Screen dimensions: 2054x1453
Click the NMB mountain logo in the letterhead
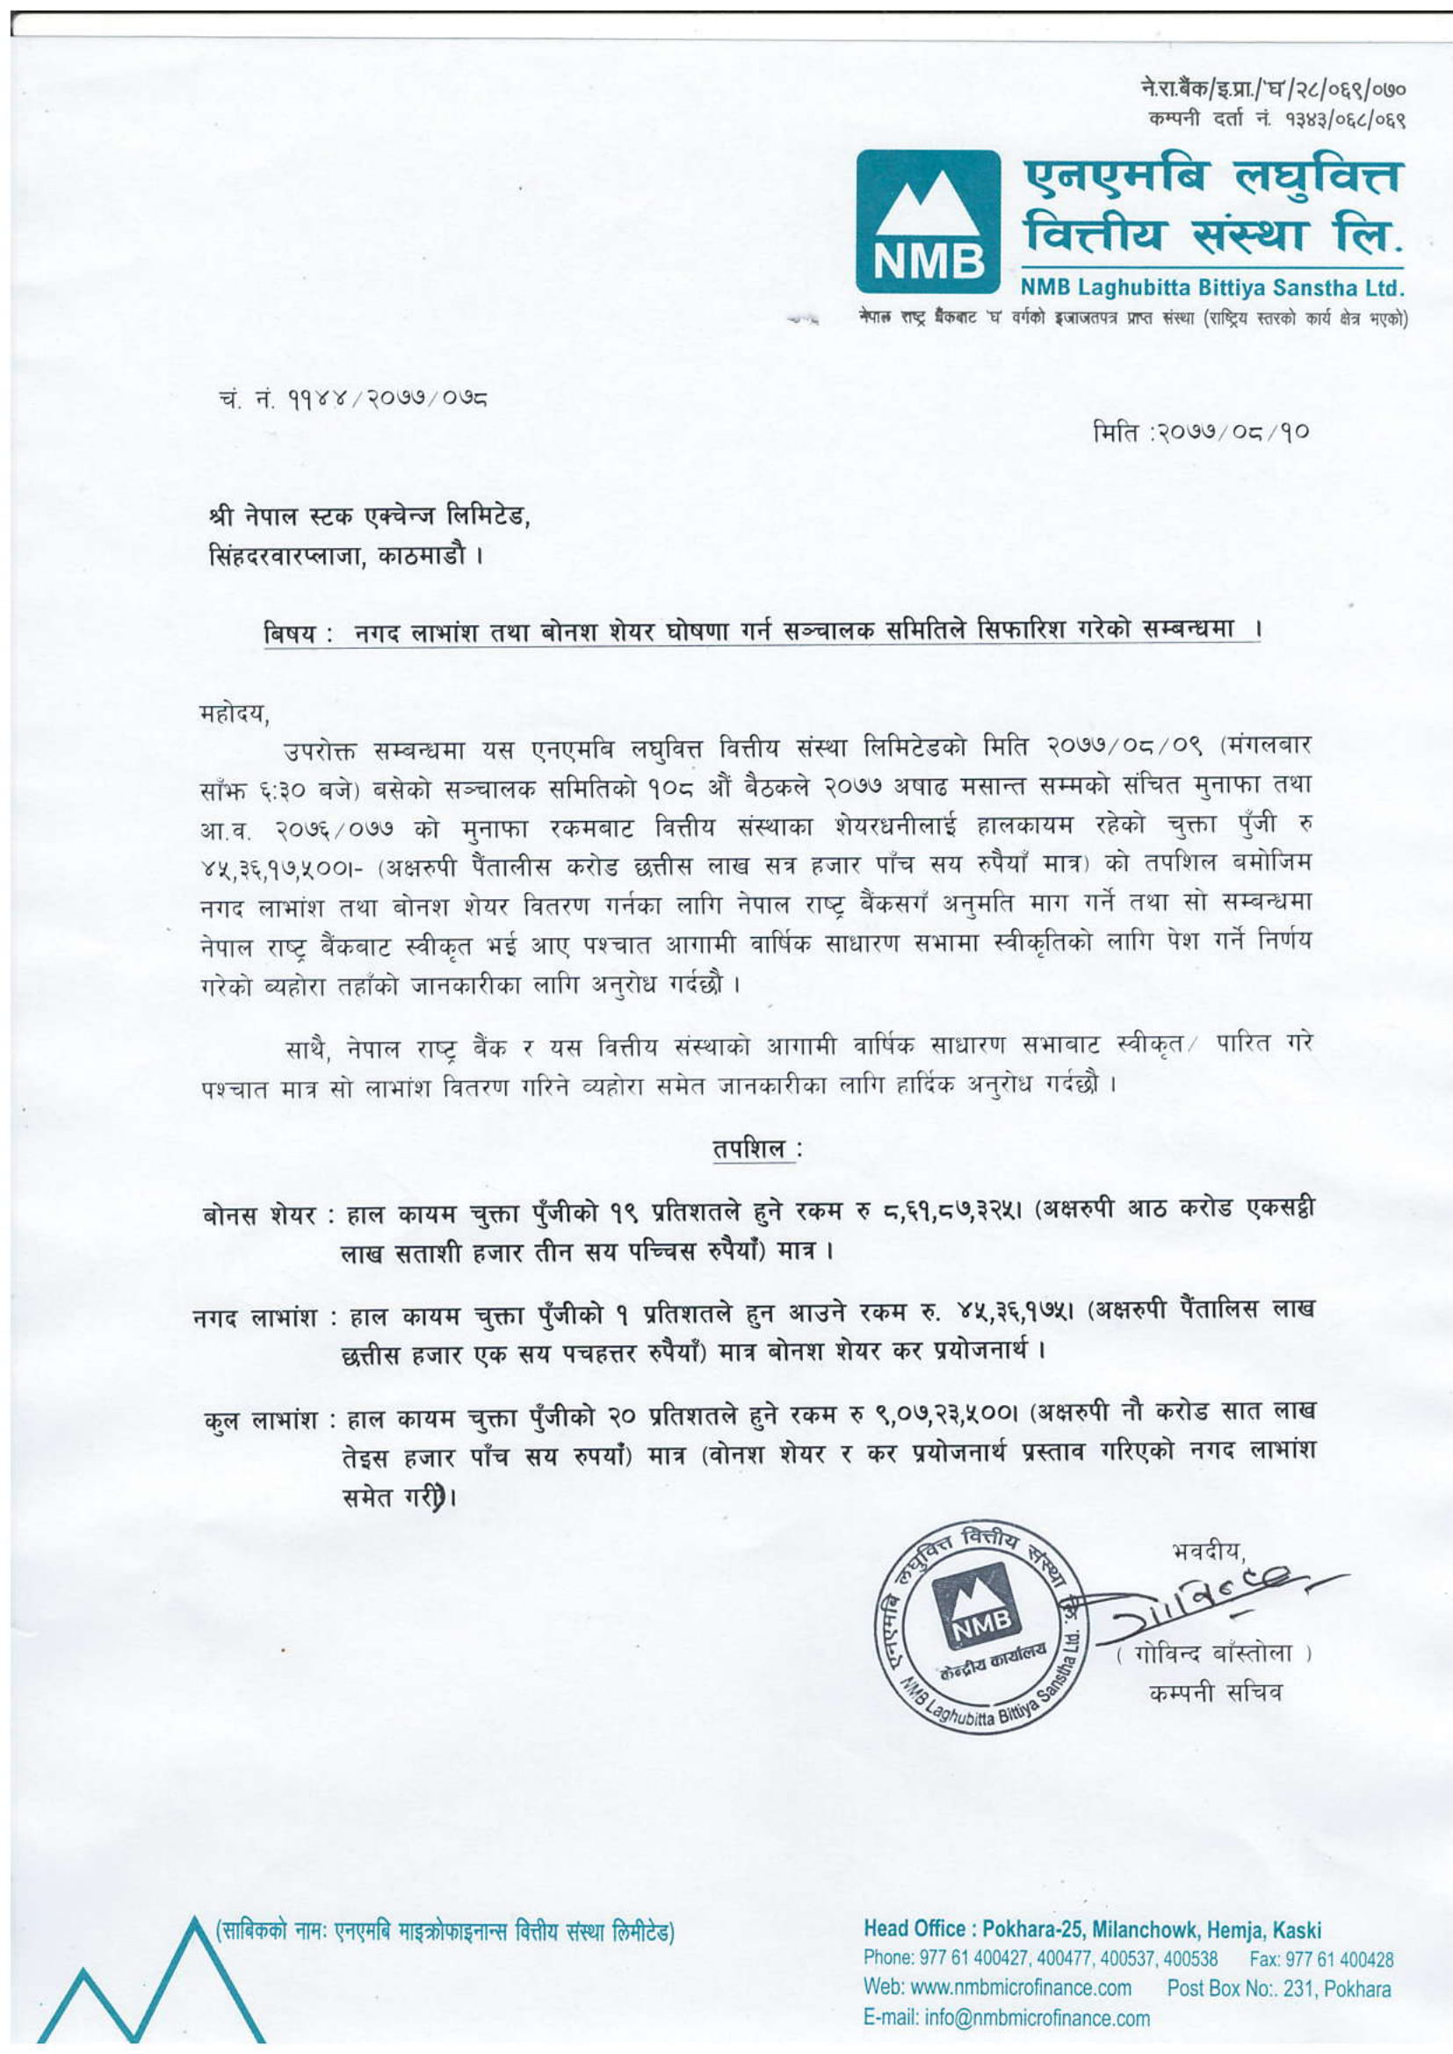tap(927, 221)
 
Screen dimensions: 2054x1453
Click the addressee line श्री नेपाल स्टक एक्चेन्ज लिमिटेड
tap(369, 517)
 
